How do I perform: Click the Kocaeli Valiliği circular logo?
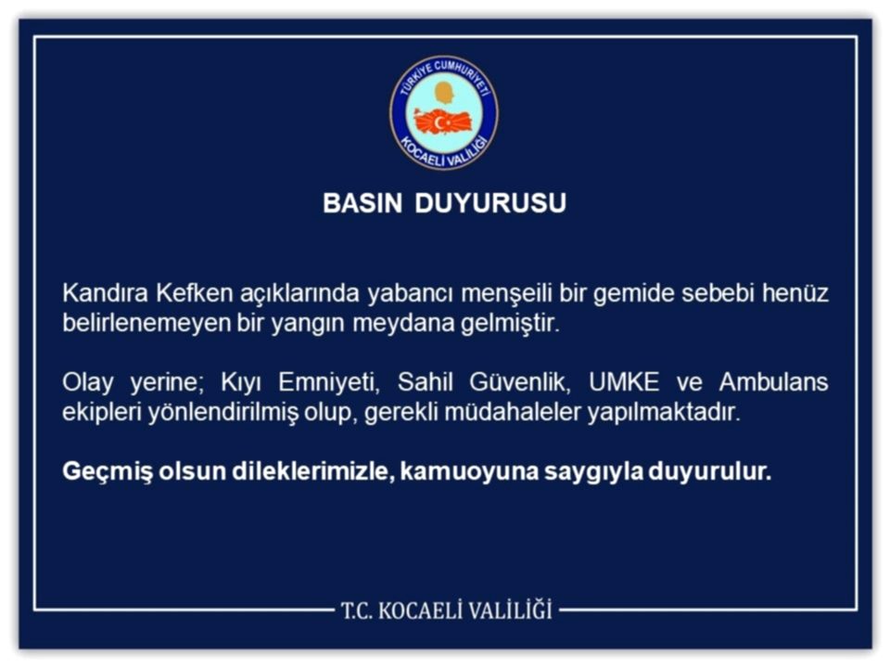[x=443, y=112]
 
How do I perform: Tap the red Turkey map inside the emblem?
[x=443, y=122]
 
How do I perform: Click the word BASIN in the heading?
[x=361, y=204]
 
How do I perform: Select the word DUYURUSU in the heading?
[x=490, y=204]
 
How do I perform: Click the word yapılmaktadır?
[x=664, y=414]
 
